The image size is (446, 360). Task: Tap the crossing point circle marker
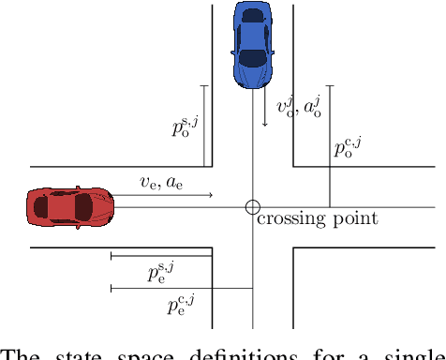(252, 206)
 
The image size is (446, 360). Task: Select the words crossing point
(318, 218)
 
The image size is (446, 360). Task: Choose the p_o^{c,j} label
(348, 148)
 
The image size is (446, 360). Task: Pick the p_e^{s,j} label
(160, 273)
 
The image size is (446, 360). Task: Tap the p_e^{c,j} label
(183, 305)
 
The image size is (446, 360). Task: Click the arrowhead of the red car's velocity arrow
(211, 195)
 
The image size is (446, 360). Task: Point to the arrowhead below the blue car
(264, 124)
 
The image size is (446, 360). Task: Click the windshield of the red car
(90, 206)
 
